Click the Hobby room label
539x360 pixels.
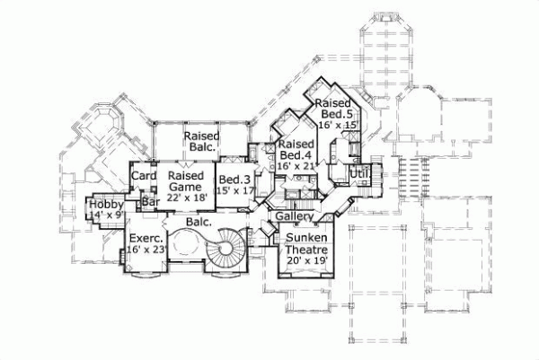106,206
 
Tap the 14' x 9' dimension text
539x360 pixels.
106,216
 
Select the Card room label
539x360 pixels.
145,176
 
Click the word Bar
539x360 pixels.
150,203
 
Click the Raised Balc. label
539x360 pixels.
203,142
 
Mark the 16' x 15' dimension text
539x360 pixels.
337,126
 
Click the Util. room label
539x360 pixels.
359,171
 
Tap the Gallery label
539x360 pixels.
294,218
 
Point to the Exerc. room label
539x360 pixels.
144,239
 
